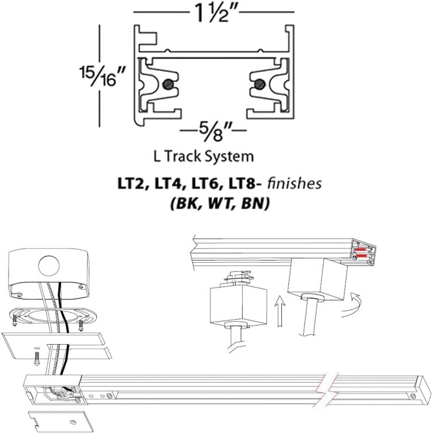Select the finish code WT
coord(216,203)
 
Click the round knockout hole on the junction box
coord(50,266)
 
